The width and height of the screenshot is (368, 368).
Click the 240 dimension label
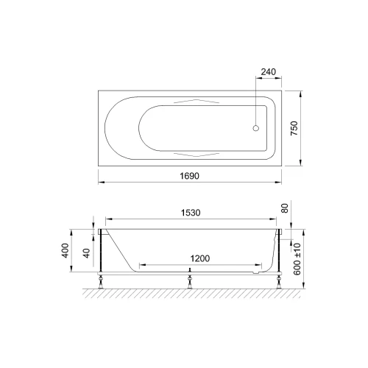tap(268, 72)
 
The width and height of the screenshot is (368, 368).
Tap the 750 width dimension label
tap(294, 128)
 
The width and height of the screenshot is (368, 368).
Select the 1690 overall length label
tap(189, 176)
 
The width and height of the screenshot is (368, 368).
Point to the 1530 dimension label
tap(191, 213)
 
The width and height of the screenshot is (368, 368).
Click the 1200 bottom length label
tap(200, 258)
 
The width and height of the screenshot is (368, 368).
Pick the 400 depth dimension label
tap(65, 250)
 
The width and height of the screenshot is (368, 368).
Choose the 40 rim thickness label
tap(87, 253)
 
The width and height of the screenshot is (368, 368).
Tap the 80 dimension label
tap(284, 208)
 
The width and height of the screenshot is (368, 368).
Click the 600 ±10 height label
tap(297, 259)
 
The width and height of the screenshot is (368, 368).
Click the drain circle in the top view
tap(256, 128)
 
